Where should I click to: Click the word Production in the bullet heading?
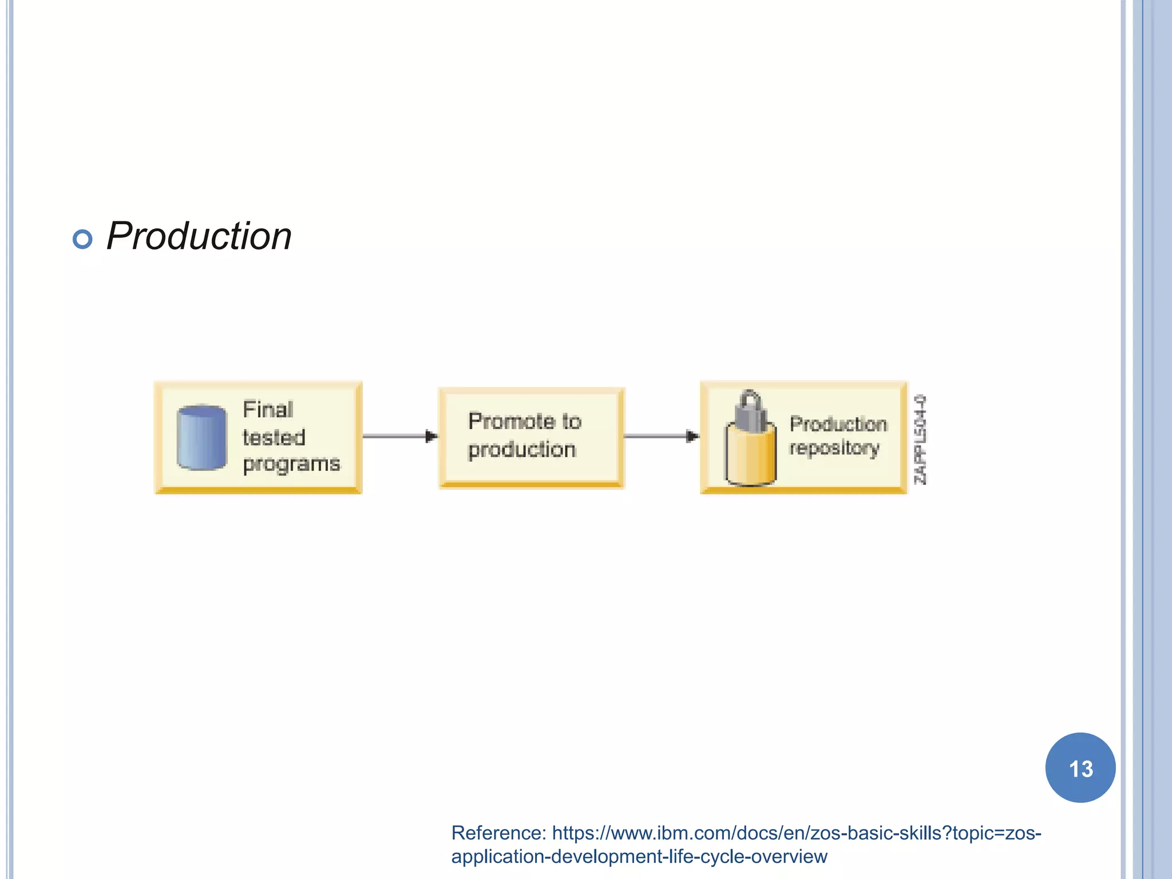point(199,236)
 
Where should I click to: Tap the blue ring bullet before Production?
point(82,239)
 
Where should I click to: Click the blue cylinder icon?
point(201,437)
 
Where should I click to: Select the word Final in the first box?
point(268,410)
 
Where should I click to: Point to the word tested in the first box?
point(274,438)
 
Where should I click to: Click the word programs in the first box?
point(291,464)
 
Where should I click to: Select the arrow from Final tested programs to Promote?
point(400,437)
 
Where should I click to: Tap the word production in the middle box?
point(522,450)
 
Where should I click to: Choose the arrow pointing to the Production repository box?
point(662,437)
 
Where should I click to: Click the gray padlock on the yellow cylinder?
point(750,411)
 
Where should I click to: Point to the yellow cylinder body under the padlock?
point(750,458)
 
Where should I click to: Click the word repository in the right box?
point(834,448)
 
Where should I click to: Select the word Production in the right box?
point(838,424)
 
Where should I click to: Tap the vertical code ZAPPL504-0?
point(920,439)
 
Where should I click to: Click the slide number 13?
point(1080,769)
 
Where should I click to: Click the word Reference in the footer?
point(498,833)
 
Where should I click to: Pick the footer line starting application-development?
point(639,857)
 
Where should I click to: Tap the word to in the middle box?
point(571,422)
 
